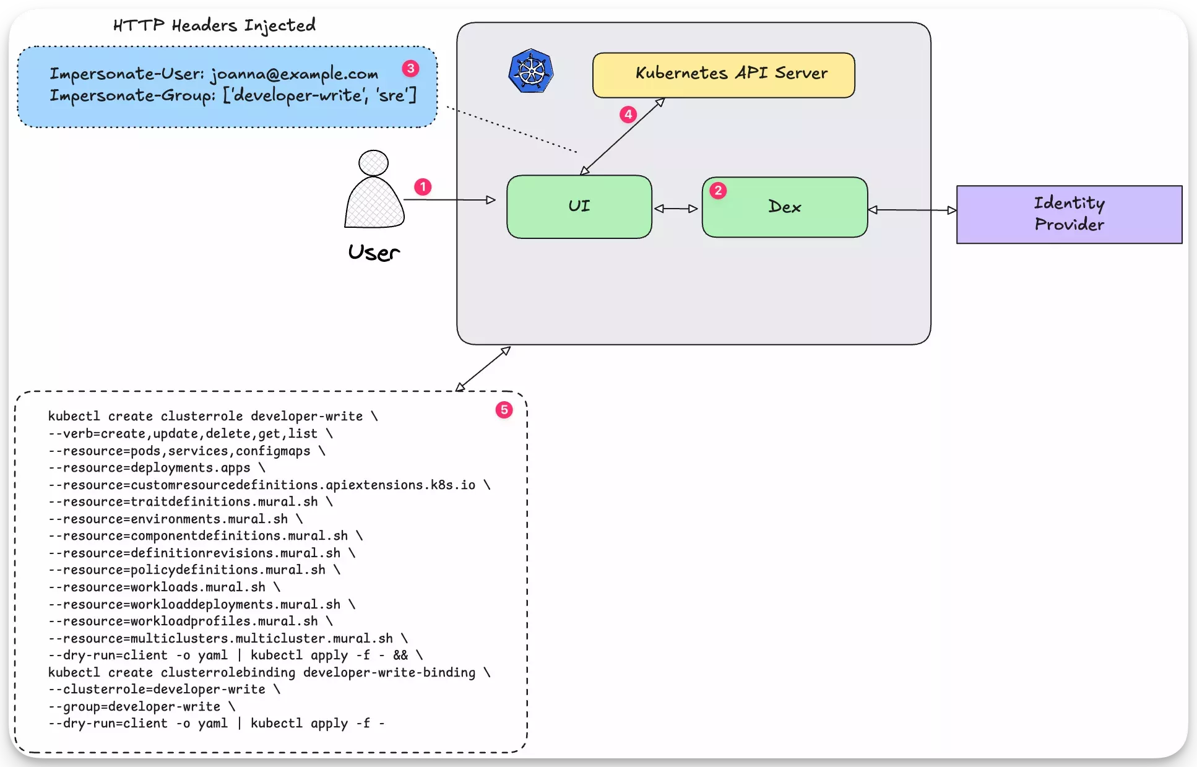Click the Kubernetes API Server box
point(723,75)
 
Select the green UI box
point(579,207)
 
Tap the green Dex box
point(784,207)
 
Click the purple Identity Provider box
point(1069,214)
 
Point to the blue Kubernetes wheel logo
point(531,71)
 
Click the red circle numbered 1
point(423,187)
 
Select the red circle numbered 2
point(718,191)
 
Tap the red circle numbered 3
point(410,69)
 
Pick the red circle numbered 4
point(628,115)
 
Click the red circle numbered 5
point(504,410)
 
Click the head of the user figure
point(373,163)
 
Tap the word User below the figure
point(374,253)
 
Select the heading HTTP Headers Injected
point(214,25)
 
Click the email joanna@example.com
point(294,74)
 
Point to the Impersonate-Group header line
point(233,96)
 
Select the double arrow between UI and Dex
point(676,209)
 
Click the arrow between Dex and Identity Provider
point(912,210)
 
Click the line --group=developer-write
point(141,706)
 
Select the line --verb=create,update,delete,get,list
point(189,433)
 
